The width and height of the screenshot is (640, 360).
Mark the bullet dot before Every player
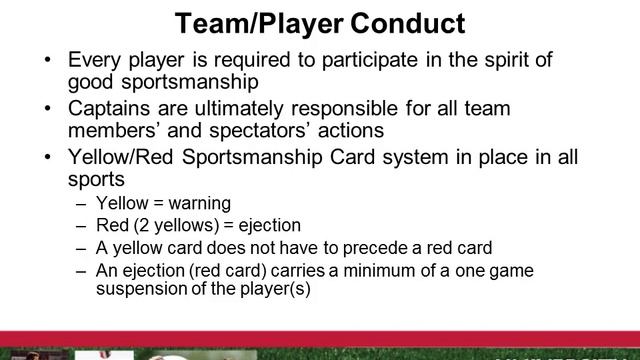point(50,60)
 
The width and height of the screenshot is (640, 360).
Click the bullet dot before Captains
point(50,107)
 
